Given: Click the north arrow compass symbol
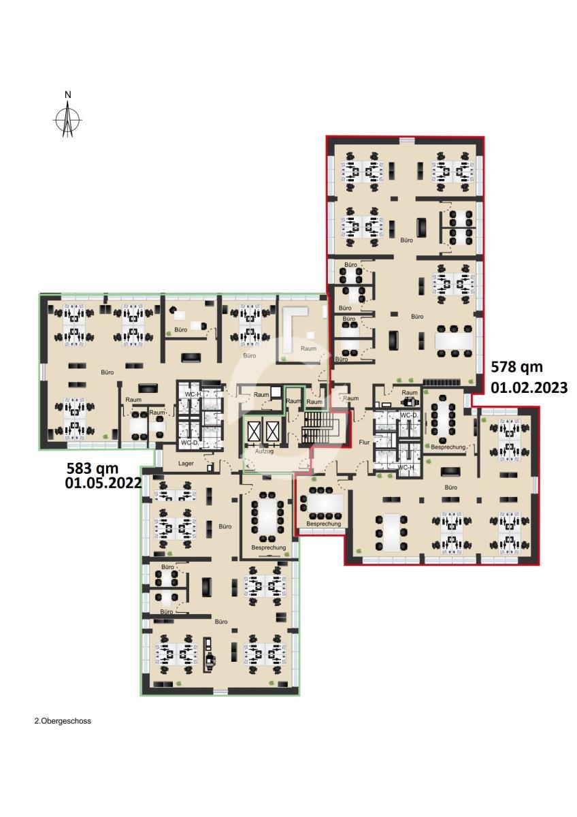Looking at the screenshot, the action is (x=67, y=118).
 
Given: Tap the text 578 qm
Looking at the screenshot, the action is (x=517, y=367).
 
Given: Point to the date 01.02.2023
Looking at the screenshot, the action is (x=529, y=387).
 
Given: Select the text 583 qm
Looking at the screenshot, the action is (x=93, y=468).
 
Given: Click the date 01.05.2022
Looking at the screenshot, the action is (x=103, y=483).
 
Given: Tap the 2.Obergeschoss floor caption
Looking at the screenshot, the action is (x=63, y=721).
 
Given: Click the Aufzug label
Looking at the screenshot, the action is (x=264, y=451).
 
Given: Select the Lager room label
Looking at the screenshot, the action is (x=186, y=464).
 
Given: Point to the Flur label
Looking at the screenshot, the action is (x=364, y=443).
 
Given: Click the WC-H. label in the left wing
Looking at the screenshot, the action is (x=193, y=394).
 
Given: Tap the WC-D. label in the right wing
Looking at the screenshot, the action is (x=409, y=415).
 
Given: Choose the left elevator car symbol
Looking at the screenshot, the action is (x=253, y=432).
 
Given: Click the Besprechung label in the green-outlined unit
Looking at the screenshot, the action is (x=269, y=548).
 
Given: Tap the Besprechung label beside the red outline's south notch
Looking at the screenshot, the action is (x=324, y=524).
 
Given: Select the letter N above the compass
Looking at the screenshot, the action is (x=68, y=95).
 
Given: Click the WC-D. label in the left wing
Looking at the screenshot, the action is (x=190, y=443).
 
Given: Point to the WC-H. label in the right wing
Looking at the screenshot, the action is (x=407, y=468).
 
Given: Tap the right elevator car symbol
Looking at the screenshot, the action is (x=272, y=432).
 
